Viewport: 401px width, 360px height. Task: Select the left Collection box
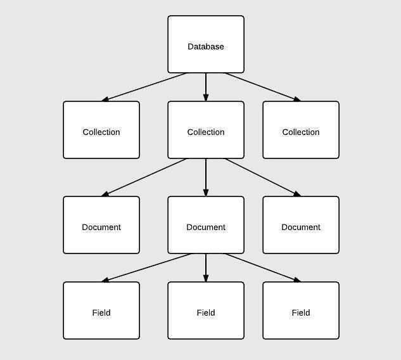(101, 130)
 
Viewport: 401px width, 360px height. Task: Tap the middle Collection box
(206, 130)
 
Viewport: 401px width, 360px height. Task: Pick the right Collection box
(301, 130)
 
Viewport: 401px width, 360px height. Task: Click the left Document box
(101, 225)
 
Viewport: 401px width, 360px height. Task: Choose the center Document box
(206, 225)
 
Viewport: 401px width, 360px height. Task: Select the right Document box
(301, 225)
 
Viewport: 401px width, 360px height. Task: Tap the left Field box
(101, 311)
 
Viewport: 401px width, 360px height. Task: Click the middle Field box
(206, 311)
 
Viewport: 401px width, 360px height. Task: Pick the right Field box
(301, 311)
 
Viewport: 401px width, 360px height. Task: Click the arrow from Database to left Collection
(144, 87)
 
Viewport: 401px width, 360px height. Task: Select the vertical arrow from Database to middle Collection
(206, 87)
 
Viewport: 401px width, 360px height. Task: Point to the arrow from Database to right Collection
(262, 87)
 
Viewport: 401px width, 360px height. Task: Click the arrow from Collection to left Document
(144, 177)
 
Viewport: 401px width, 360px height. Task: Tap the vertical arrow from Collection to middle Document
(206, 177)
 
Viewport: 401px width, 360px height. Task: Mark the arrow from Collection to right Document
(262, 177)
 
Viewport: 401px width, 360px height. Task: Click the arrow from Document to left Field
(147, 267)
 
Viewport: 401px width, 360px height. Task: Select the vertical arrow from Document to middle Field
(206, 267)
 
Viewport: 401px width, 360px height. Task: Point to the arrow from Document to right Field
(262, 267)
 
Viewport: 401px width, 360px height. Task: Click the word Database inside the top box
(206, 47)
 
